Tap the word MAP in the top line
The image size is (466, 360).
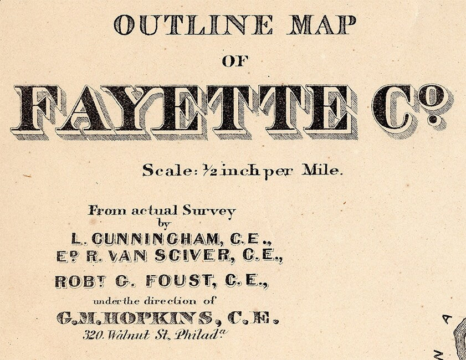click(x=321, y=25)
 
